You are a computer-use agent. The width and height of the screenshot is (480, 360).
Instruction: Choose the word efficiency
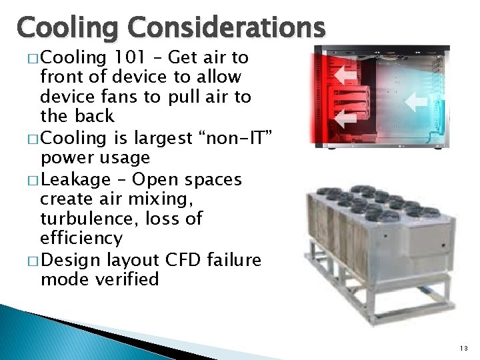point(81,238)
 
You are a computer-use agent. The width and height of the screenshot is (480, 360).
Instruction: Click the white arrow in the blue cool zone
point(417,101)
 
